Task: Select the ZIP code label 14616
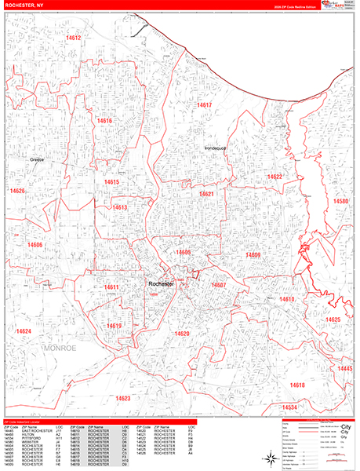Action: (x=105, y=121)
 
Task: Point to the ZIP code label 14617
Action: (x=205, y=104)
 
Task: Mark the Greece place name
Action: (x=37, y=159)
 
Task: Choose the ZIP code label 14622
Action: (x=275, y=177)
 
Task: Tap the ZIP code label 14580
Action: (x=341, y=202)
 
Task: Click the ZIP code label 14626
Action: (x=17, y=191)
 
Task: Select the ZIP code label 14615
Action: (x=111, y=182)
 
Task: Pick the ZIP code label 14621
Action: (x=207, y=194)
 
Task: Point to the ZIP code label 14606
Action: (x=35, y=245)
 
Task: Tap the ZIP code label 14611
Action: (x=111, y=287)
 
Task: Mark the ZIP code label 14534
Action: (x=290, y=407)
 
